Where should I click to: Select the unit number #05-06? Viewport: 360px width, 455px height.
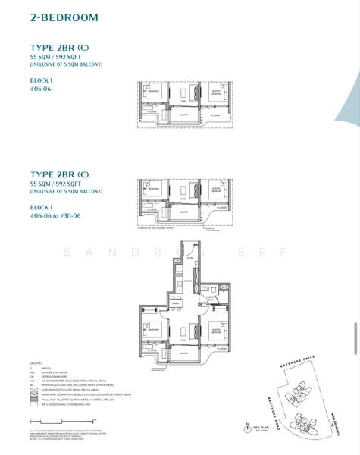pyautogui.click(x=42, y=87)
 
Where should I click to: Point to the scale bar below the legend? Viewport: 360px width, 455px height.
pyautogui.click(x=61, y=419)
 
